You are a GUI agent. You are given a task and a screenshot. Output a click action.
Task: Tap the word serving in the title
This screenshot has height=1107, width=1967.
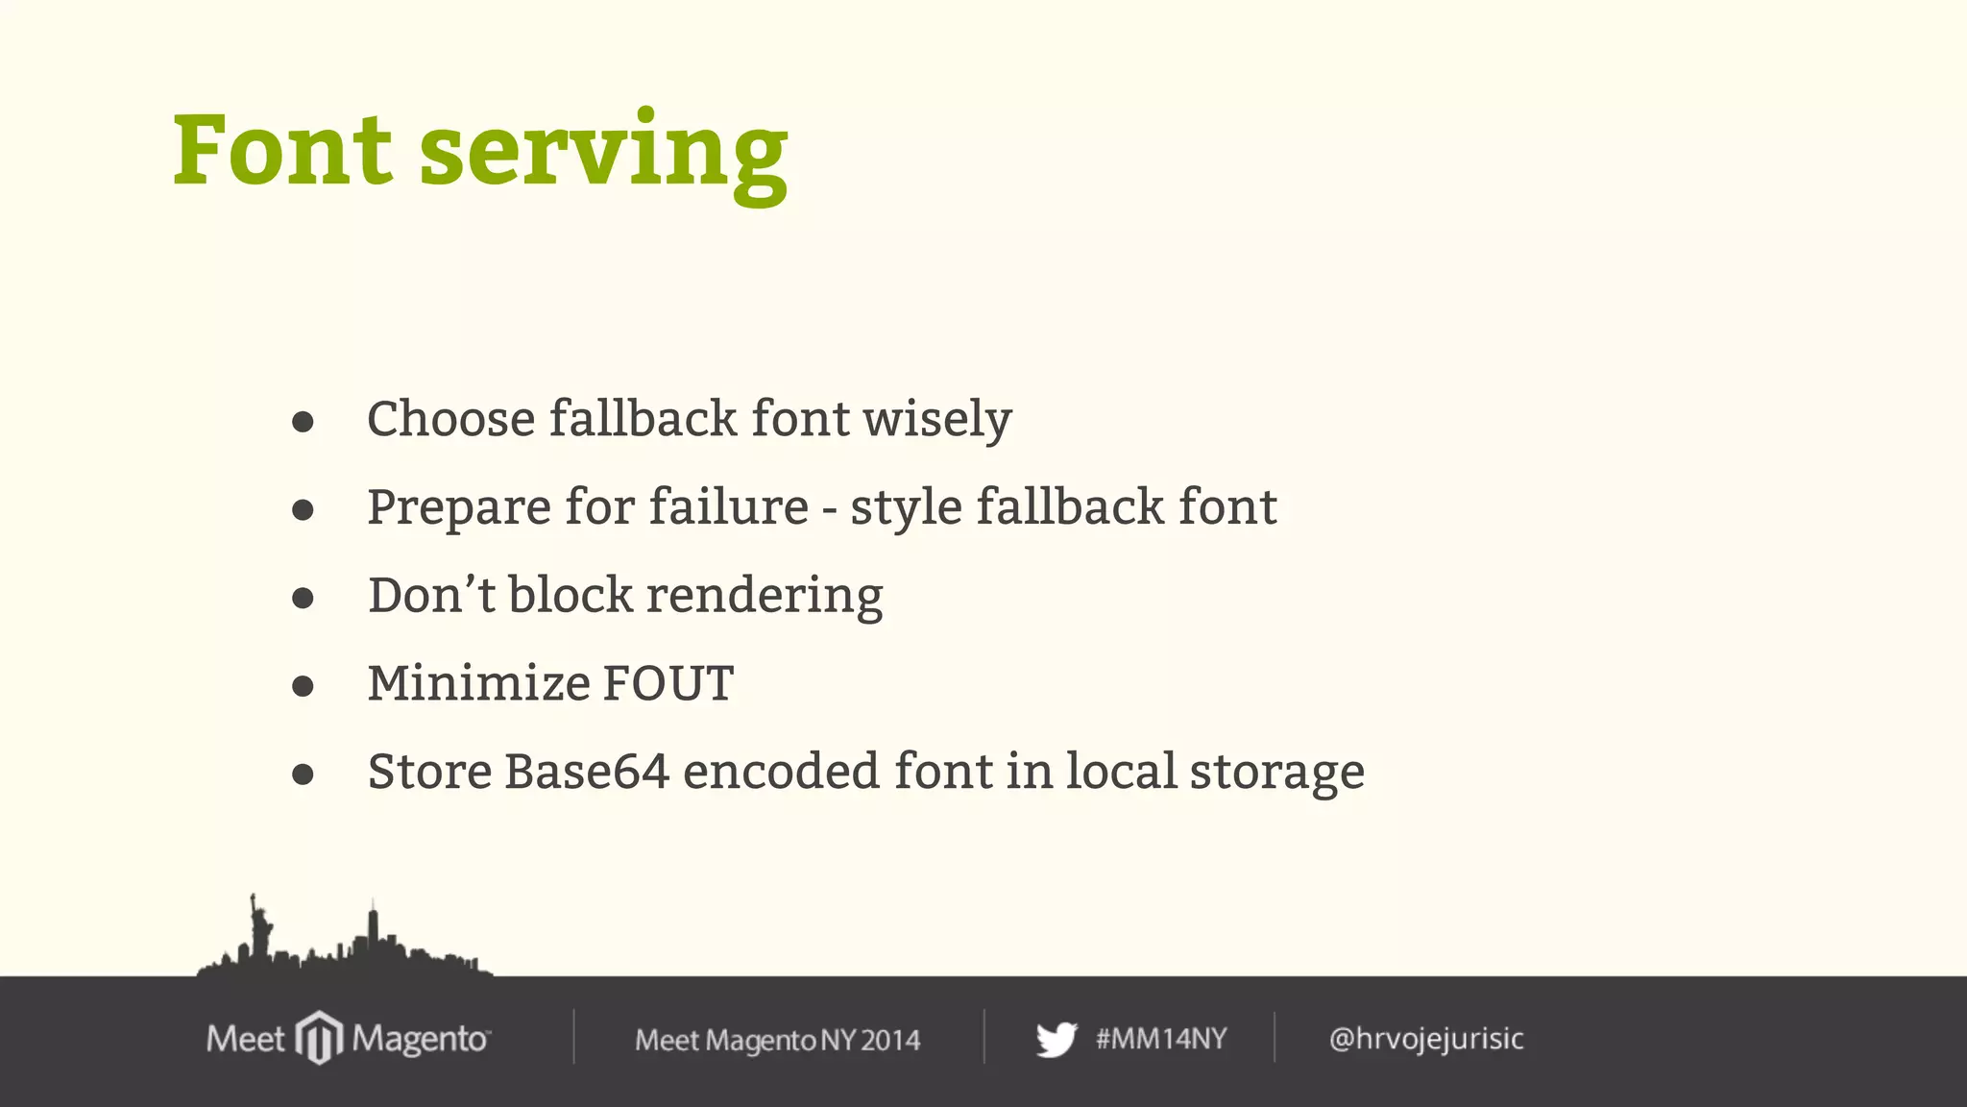(x=603, y=154)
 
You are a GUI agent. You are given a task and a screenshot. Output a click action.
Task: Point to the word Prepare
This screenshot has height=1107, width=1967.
(x=458, y=508)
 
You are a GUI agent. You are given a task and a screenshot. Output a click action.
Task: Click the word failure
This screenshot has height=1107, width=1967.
(x=729, y=506)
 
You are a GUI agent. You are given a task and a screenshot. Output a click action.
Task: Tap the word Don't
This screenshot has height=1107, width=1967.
(x=431, y=595)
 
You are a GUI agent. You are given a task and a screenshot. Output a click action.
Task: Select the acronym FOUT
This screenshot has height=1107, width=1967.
(x=668, y=683)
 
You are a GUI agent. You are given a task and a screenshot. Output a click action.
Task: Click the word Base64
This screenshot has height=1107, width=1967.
(x=586, y=772)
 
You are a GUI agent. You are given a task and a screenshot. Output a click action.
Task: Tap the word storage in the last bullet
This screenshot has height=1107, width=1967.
(x=1276, y=774)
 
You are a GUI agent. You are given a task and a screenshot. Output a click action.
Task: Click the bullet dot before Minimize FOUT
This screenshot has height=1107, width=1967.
(x=303, y=686)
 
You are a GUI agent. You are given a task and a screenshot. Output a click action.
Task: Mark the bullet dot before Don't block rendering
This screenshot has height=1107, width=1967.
(x=303, y=599)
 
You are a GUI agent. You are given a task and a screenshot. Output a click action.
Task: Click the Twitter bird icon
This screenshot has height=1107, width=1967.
(x=1056, y=1040)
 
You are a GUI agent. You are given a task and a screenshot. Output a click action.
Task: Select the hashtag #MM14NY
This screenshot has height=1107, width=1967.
(x=1161, y=1039)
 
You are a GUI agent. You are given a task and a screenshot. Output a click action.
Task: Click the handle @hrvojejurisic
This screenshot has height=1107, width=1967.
(x=1426, y=1039)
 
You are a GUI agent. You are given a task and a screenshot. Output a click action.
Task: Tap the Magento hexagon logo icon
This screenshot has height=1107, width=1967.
(x=319, y=1038)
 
